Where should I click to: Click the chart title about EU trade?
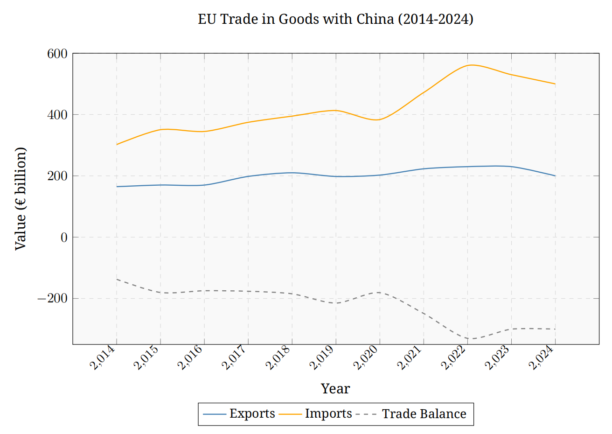click(x=335, y=19)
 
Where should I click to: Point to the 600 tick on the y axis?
click(x=57, y=54)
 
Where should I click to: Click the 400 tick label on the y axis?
click(x=57, y=115)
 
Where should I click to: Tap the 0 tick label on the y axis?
click(x=64, y=237)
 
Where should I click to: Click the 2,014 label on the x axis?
click(x=103, y=358)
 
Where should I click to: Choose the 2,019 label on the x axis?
click(x=322, y=358)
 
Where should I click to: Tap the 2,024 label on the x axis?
click(x=542, y=358)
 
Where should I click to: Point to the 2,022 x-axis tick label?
click(x=454, y=358)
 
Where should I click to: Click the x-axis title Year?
click(x=335, y=389)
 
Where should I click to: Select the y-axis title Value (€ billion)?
click(x=21, y=199)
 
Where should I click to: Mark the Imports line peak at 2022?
click(x=467, y=65)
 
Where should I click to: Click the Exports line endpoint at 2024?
click(x=555, y=176)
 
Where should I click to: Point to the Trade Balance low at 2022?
click(x=467, y=338)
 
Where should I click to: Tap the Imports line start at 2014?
click(x=117, y=145)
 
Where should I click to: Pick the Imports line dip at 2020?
click(x=380, y=120)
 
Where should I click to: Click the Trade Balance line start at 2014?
click(x=117, y=279)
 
